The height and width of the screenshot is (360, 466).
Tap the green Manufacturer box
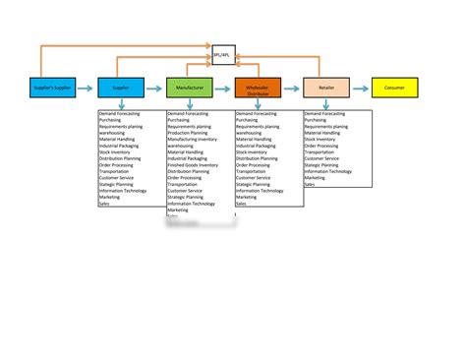pos(190,89)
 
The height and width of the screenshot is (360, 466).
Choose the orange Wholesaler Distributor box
pos(259,89)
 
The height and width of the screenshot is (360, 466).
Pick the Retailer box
pos(326,89)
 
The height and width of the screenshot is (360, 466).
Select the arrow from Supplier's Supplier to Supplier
pos(87,89)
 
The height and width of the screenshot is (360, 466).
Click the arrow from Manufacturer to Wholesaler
pos(224,89)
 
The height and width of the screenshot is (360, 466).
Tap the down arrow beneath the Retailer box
pos(326,105)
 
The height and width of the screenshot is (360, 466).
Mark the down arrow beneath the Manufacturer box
pos(190,105)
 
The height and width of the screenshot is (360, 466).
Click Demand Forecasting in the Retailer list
pos(325,114)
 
